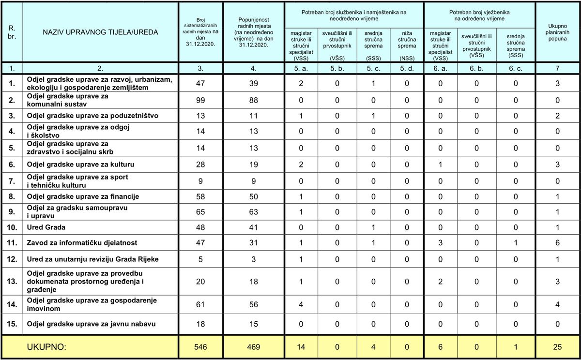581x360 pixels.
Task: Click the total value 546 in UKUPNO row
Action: pyautogui.click(x=201, y=347)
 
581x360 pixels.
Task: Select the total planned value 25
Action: pyautogui.click(x=558, y=347)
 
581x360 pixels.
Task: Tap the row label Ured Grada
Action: pyautogui.click(x=46, y=226)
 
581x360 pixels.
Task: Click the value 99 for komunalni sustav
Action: pyautogui.click(x=201, y=100)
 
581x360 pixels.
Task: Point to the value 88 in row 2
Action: pyautogui.click(x=253, y=100)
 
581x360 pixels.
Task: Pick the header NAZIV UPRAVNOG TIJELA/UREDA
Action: pyautogui.click(x=100, y=32)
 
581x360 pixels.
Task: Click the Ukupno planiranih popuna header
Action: pyautogui.click(x=558, y=32)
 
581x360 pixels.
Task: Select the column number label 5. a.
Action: pyautogui.click(x=301, y=68)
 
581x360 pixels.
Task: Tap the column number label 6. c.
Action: pyautogui.click(x=516, y=68)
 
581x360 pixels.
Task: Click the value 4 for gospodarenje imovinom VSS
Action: pyautogui.click(x=301, y=304)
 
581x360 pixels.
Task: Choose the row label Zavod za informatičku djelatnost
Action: pyautogui.click(x=82, y=243)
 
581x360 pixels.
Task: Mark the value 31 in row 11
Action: pyautogui.click(x=253, y=243)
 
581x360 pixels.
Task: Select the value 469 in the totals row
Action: pyautogui.click(x=253, y=347)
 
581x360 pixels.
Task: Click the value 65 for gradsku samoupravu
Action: pyautogui.click(x=201, y=211)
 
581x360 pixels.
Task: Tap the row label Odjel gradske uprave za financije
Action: pyautogui.click(x=83, y=196)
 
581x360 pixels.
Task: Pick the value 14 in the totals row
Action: pyautogui.click(x=301, y=347)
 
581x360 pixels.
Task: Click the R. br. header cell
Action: pyautogui.click(x=12, y=32)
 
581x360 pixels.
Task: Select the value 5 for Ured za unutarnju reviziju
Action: pyautogui.click(x=201, y=259)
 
